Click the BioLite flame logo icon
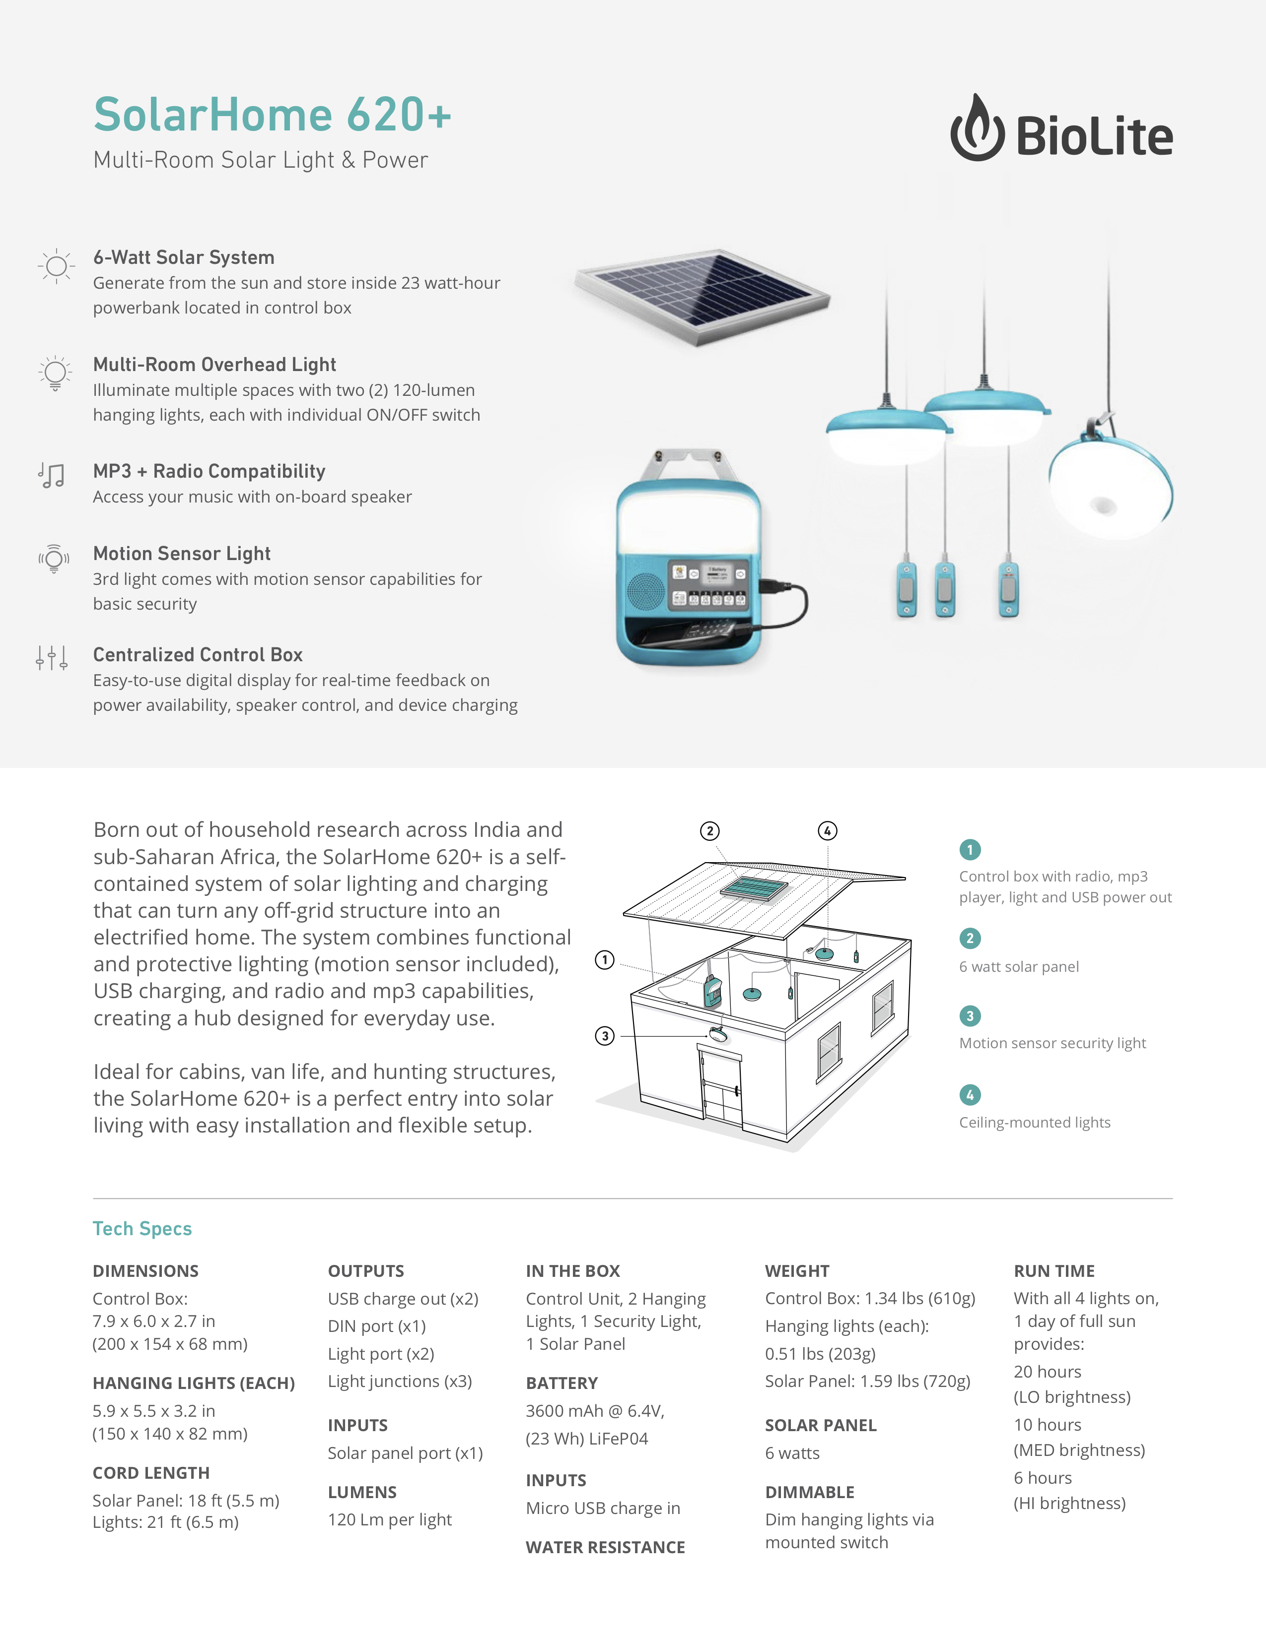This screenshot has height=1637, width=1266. click(977, 129)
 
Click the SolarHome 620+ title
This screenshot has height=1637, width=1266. click(272, 115)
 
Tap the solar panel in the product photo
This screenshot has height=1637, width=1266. click(703, 295)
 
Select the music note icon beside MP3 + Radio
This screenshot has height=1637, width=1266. click(52, 475)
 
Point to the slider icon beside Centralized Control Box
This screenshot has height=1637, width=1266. click(52, 658)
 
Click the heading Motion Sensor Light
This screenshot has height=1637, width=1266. click(182, 554)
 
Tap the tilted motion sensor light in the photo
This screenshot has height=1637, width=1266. click(1110, 487)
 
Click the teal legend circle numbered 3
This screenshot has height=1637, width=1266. click(970, 1016)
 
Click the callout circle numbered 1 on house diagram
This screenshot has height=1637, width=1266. click(605, 960)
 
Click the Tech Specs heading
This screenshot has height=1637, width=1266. click(142, 1229)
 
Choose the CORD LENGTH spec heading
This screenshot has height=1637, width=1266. click(151, 1473)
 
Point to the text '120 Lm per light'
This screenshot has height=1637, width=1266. click(389, 1519)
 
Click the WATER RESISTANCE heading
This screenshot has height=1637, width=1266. click(605, 1547)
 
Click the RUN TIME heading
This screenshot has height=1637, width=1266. click(1054, 1271)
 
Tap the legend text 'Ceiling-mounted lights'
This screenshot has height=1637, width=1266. click(1034, 1122)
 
